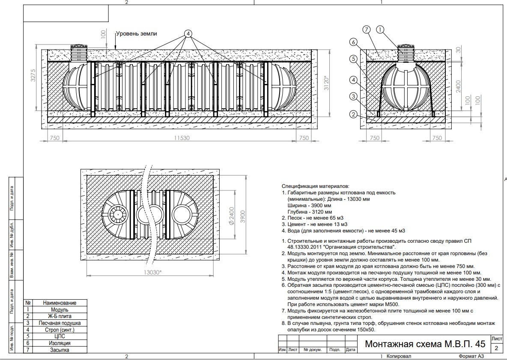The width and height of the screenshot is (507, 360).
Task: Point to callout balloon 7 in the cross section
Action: tap(366, 30)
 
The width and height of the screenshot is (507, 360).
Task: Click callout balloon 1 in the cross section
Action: tap(379, 30)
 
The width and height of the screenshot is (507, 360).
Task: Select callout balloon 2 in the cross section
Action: tap(353, 114)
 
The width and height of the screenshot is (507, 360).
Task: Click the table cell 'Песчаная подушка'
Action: tap(59, 323)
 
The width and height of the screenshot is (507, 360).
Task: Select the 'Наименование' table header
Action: tap(60, 303)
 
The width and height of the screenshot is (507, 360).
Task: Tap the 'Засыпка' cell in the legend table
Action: tap(60, 350)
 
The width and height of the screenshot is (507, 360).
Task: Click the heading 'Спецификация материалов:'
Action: tap(316, 187)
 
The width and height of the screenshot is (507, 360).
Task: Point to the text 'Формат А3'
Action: tap(471, 356)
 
